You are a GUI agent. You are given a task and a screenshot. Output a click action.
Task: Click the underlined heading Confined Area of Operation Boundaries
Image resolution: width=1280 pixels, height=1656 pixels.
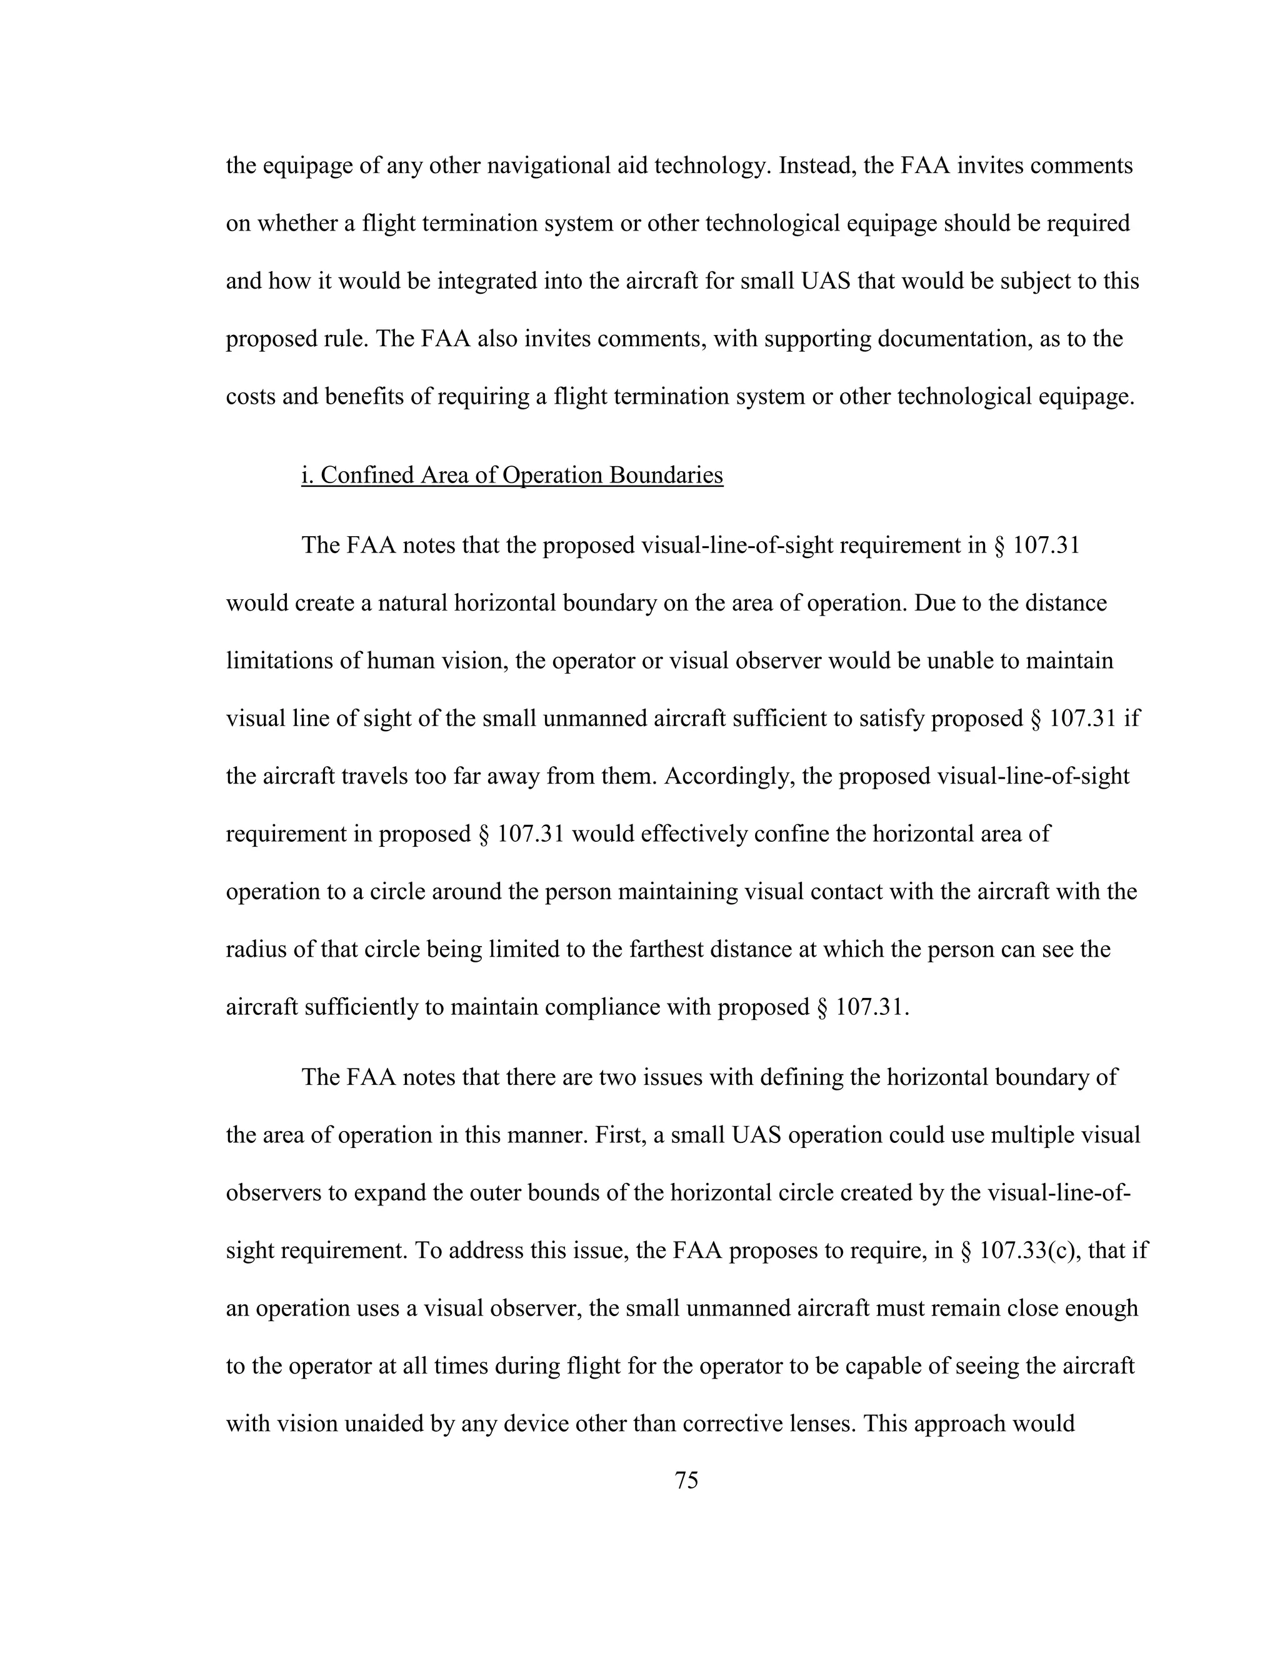(512, 476)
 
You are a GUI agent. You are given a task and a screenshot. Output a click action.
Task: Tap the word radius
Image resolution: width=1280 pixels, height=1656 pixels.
(256, 950)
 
